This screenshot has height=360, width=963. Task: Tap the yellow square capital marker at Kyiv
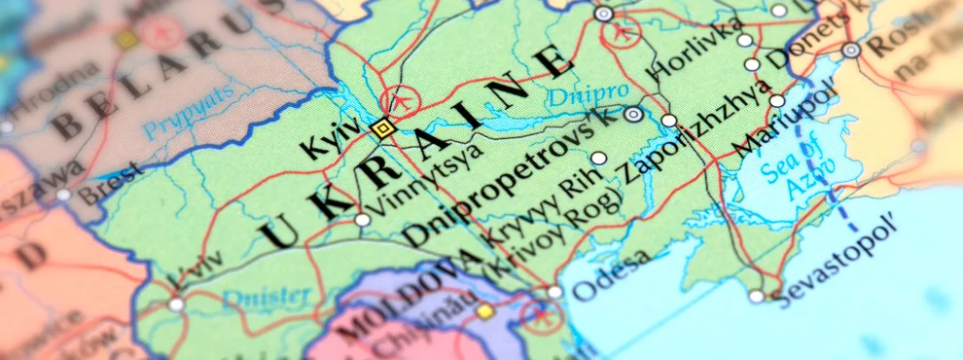click(382, 127)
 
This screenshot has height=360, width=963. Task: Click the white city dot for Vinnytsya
click(363, 220)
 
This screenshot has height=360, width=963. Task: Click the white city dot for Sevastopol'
click(757, 296)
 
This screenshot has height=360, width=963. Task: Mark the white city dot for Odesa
click(554, 291)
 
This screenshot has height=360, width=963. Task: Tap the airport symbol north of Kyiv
click(398, 99)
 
